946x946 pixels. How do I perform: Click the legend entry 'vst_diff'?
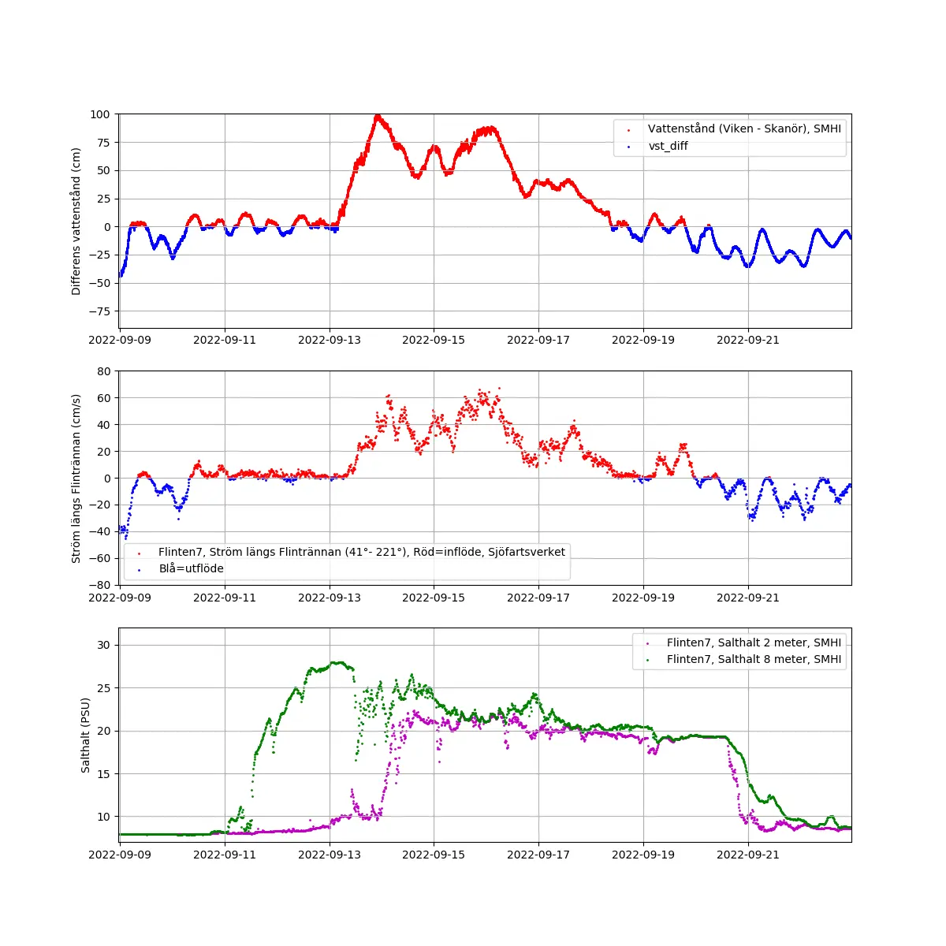point(668,146)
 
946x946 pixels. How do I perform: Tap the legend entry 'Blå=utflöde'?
point(191,568)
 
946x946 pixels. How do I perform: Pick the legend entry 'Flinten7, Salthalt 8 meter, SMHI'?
point(754,659)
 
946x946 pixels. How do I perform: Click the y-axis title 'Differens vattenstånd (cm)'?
point(76,222)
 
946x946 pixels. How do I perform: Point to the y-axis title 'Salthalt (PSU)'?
point(86,735)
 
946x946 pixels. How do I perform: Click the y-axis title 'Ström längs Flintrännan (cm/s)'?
point(76,479)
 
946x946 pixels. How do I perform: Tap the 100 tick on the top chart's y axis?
point(99,114)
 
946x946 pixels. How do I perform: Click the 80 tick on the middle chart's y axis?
point(103,371)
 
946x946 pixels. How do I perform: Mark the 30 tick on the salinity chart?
point(103,645)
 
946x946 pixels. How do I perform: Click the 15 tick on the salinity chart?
point(103,774)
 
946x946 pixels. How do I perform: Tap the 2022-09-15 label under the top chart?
point(434,341)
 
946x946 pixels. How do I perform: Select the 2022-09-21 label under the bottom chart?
point(747,855)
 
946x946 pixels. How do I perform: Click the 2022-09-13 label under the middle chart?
point(330,598)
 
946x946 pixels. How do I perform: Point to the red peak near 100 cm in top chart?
point(378,117)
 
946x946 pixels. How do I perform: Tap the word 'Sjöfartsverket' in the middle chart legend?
point(527,552)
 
